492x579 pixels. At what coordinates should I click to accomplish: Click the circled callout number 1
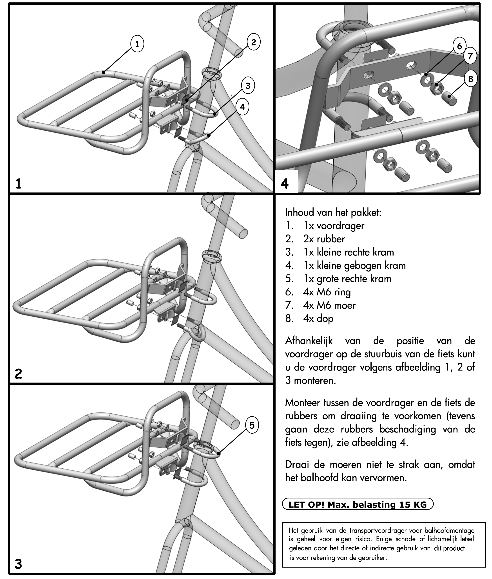[137, 44]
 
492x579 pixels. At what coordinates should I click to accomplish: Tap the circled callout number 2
[253, 42]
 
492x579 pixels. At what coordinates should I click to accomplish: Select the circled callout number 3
[248, 86]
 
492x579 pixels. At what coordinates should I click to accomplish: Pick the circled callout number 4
[242, 107]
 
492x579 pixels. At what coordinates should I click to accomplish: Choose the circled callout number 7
[470, 56]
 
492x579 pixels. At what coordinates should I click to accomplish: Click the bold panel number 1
[18, 184]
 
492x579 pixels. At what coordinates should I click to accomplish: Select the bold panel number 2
[18, 374]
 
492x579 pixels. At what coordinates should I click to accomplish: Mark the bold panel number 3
[18, 564]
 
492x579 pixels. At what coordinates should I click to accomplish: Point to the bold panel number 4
[285, 184]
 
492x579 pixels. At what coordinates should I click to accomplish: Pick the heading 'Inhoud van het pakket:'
[333, 213]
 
